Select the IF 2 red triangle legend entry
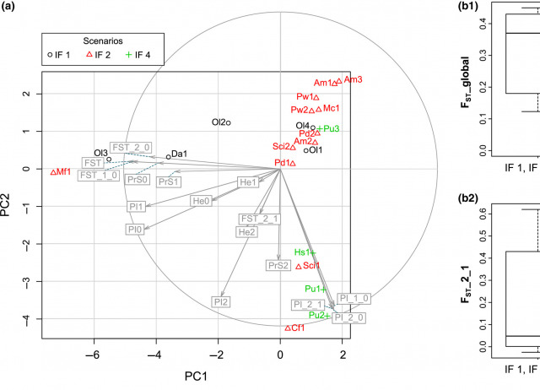click(x=102, y=56)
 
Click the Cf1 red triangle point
click(x=288, y=328)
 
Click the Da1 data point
click(x=169, y=156)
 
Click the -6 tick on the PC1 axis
click(x=94, y=355)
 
